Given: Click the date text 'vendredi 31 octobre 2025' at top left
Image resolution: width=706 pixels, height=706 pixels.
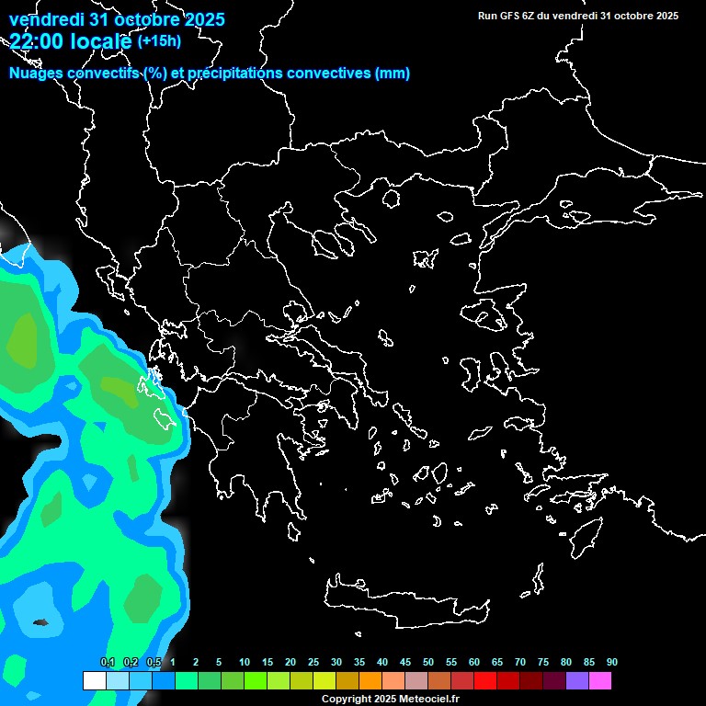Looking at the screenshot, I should (x=117, y=18).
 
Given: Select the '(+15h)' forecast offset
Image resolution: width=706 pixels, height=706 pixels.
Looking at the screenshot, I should (x=159, y=40).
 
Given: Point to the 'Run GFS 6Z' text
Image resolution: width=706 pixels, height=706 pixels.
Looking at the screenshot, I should (x=511, y=16).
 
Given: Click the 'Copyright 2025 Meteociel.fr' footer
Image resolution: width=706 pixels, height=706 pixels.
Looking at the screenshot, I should (x=390, y=699).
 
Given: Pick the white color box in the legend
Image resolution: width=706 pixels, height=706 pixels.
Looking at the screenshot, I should (x=94, y=680).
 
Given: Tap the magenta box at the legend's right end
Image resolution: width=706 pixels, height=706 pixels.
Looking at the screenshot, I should (x=600, y=680).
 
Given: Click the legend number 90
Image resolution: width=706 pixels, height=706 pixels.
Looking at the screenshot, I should (x=612, y=662).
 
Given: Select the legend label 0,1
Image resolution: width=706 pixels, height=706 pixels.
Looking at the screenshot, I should (x=107, y=662).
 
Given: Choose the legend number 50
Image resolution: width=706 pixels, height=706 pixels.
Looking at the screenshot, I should (x=428, y=662).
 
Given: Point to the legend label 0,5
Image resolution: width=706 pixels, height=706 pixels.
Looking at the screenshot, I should (x=153, y=662).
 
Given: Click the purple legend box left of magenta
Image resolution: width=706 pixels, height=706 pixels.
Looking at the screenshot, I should (x=577, y=680).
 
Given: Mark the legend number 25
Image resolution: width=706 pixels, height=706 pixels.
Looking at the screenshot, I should (x=313, y=662).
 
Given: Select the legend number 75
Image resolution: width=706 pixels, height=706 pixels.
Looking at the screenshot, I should (x=543, y=662).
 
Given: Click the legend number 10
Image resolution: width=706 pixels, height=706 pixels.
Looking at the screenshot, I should (x=245, y=662).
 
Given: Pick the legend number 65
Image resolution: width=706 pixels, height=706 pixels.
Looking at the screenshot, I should (x=497, y=662).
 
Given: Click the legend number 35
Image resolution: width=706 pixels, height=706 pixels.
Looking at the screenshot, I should (x=359, y=662).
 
